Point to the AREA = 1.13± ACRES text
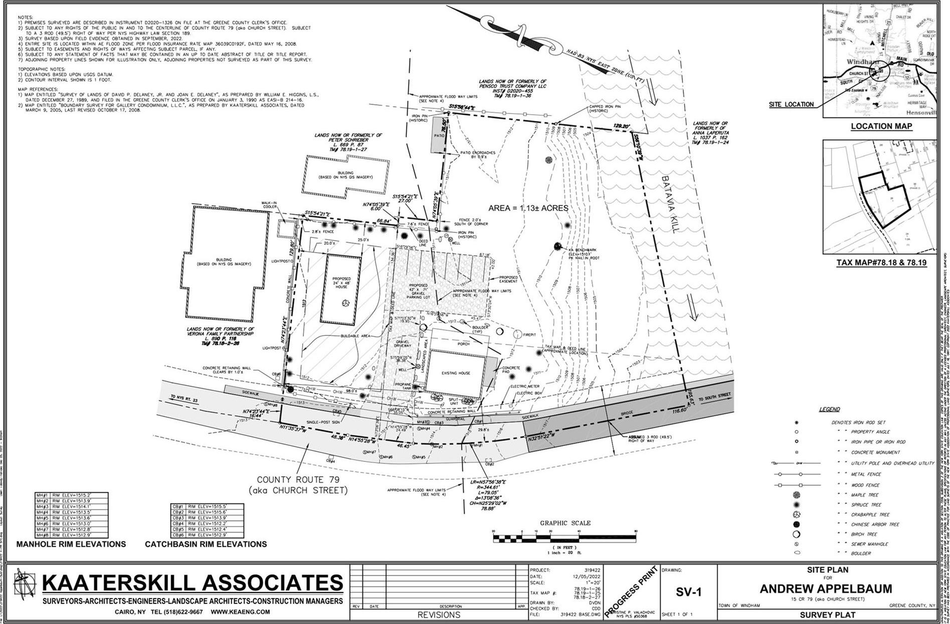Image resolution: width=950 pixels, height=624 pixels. tap(528, 208)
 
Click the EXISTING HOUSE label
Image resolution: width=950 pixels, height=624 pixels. tap(456, 373)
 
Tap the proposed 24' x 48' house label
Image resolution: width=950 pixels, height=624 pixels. tap(341, 282)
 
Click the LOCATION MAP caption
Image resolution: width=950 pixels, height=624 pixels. tap(881, 126)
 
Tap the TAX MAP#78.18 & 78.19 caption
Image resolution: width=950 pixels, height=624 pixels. tap(881, 263)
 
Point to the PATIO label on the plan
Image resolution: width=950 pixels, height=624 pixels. tap(440, 135)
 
